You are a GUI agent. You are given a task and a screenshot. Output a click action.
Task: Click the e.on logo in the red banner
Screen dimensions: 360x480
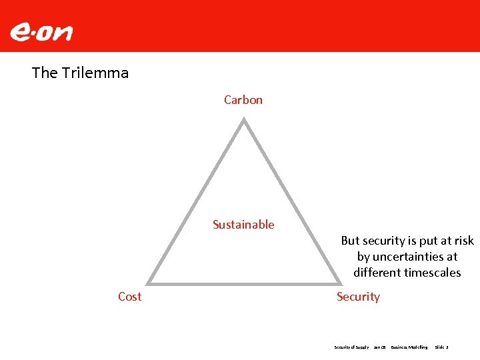tap(41, 32)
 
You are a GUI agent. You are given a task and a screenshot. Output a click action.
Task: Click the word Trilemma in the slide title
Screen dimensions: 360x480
tap(95, 73)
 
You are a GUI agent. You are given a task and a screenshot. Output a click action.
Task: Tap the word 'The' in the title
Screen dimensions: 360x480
tap(45, 73)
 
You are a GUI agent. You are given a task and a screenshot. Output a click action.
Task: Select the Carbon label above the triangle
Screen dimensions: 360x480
tap(243, 100)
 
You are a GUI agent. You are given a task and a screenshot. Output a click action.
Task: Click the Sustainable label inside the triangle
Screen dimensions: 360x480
tap(243, 225)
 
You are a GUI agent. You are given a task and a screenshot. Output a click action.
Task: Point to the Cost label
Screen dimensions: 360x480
tap(129, 297)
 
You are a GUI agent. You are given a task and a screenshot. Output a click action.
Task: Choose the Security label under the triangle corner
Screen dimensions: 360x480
tap(358, 297)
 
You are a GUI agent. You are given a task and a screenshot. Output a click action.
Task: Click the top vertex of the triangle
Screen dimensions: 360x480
tap(244, 120)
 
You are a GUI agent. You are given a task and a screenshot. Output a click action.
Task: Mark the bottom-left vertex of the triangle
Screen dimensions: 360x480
tap(148, 282)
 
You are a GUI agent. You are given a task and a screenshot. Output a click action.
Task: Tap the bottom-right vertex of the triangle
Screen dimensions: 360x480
tap(339, 282)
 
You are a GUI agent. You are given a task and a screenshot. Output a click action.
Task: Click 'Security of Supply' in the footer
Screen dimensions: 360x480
tap(351, 347)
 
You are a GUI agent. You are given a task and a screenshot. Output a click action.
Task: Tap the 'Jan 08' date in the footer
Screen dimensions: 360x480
tap(379, 347)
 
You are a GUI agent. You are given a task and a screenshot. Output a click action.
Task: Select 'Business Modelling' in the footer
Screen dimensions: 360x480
tap(409, 347)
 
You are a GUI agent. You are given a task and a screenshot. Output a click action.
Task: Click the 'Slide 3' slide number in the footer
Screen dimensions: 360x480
tap(441, 347)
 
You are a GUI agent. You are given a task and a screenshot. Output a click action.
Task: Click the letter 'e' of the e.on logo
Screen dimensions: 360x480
tap(20, 32)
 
